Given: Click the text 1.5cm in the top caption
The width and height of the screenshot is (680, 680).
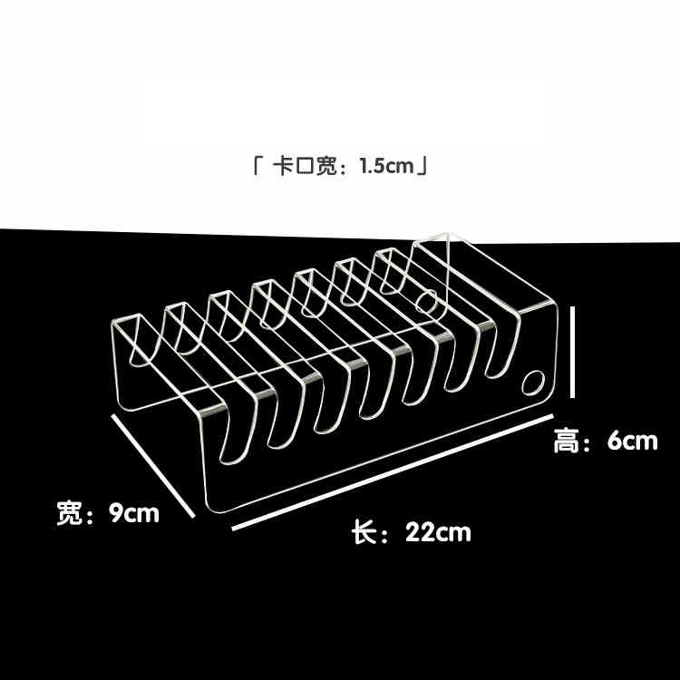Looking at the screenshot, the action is [386, 166].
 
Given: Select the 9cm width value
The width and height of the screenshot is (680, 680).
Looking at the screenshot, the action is [133, 513].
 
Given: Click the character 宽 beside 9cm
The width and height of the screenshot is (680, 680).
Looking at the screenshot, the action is [70, 513].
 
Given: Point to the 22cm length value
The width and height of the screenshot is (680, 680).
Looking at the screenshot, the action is [438, 532].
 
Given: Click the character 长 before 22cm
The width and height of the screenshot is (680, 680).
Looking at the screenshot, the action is [364, 532].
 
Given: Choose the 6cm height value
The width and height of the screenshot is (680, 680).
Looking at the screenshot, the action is [632, 441].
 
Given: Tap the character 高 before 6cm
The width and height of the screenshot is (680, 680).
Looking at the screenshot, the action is [567, 441].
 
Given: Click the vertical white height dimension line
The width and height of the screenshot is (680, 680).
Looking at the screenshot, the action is [572, 352].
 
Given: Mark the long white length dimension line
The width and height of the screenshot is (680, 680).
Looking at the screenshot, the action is [393, 472].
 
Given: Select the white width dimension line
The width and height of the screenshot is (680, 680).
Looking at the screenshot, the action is [152, 465].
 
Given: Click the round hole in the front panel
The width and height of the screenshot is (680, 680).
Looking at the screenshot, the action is [532, 383].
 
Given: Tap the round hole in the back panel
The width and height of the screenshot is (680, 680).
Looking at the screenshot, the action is [427, 301].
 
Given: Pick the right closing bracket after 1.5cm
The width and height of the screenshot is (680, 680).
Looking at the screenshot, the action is [423, 166].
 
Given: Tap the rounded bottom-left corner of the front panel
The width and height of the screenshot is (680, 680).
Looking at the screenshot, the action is [211, 504].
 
